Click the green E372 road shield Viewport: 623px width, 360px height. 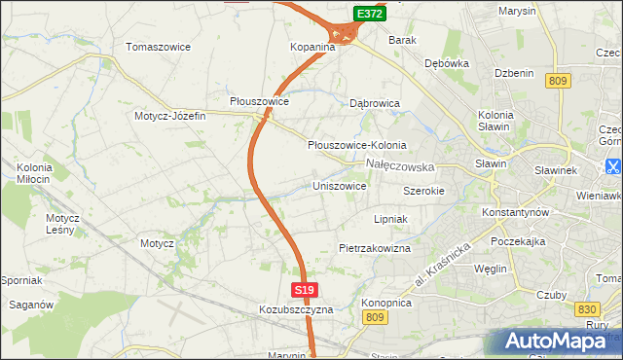pyautogui.click(x=369, y=14)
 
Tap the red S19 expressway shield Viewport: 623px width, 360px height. pyautogui.click(x=305, y=290)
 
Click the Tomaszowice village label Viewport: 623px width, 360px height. pyautogui.click(x=159, y=47)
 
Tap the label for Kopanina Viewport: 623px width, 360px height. pyautogui.click(x=312, y=47)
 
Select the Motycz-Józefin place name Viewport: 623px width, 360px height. pyautogui.click(x=170, y=116)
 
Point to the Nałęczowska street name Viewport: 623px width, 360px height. pyautogui.click(x=399, y=166)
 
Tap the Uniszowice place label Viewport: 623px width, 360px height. pyautogui.click(x=339, y=186)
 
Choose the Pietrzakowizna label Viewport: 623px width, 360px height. pyautogui.click(x=375, y=248)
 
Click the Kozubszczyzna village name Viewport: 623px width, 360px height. pyautogui.click(x=296, y=309)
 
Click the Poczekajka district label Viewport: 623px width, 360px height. pyautogui.click(x=522, y=239)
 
